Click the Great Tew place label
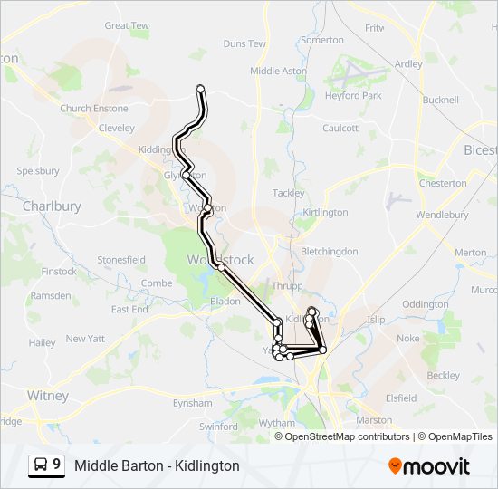[x=127, y=25]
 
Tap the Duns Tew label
[x=244, y=43]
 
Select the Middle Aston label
[x=278, y=71]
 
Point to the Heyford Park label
[x=352, y=95]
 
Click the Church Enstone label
[x=94, y=109]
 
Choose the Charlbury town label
[x=52, y=206]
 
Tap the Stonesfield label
[x=121, y=260]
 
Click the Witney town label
[x=47, y=396]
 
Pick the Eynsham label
[x=192, y=402]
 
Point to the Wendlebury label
[x=442, y=216]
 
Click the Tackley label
[x=288, y=193]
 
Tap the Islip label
[x=376, y=320]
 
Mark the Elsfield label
[x=400, y=398]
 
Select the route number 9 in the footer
[x=57, y=465]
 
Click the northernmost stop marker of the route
[x=200, y=89]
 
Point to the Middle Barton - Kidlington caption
[x=157, y=465]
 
